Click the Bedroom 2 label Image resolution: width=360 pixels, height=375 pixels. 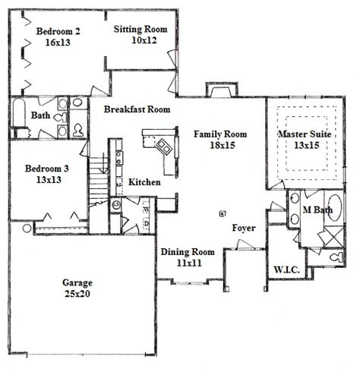pos(58,31)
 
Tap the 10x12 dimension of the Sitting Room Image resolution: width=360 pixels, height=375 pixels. pos(144,40)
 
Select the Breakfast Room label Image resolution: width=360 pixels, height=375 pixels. pos(137,109)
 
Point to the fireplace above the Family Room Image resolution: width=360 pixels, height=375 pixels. pos(222,90)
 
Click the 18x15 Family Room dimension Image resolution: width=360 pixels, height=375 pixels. pos(223,145)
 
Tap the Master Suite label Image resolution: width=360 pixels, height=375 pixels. pos(305,134)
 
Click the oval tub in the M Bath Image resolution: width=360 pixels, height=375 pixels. pos(335,207)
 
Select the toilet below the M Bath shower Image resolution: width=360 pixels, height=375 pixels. pos(336,257)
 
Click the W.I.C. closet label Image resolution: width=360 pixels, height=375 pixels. pos(287,269)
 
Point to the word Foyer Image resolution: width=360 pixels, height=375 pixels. pos(244,228)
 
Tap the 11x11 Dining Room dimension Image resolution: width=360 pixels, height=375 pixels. pos(189,263)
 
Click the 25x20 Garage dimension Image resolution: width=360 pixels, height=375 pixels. pos(77,294)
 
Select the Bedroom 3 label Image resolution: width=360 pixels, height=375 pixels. pos(47,169)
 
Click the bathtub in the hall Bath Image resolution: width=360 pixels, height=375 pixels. pos(19,112)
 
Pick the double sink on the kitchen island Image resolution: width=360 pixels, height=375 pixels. pos(164,147)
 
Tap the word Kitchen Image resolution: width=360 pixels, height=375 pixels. pos(144,182)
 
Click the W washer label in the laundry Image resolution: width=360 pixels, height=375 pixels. pos(147,210)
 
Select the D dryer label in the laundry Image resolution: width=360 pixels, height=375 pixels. pos(147,224)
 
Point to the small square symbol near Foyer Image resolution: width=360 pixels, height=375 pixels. pos(223,214)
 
